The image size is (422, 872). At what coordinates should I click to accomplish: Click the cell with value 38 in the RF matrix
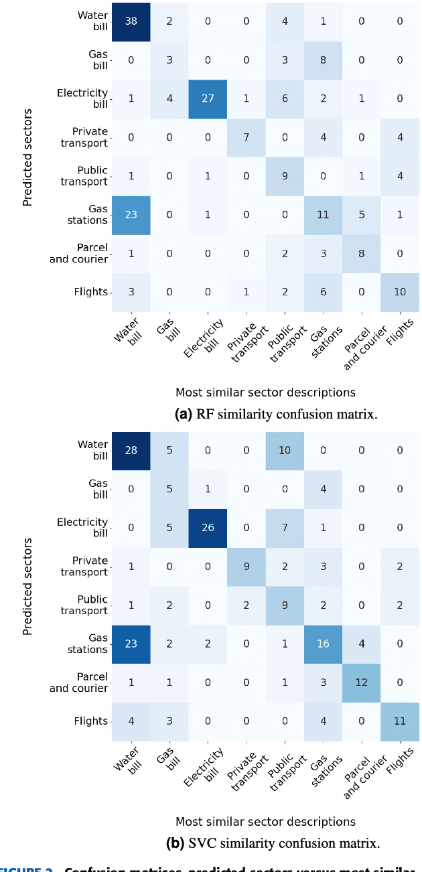coord(131,20)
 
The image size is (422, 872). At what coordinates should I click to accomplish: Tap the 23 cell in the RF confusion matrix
coord(131,214)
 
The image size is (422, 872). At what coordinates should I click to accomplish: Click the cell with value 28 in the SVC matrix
coord(131,449)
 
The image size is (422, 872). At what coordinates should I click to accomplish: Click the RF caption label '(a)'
coord(183,414)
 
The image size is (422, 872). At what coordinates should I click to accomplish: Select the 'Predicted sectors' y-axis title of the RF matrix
coord(27,155)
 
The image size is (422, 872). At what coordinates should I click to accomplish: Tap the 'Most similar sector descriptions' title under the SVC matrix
coord(265,821)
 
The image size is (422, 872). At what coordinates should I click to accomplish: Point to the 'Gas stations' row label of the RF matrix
coord(87,214)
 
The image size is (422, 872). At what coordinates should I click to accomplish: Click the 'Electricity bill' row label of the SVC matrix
coord(83,527)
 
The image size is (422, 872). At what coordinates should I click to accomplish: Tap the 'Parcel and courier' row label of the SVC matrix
coord(79,682)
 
